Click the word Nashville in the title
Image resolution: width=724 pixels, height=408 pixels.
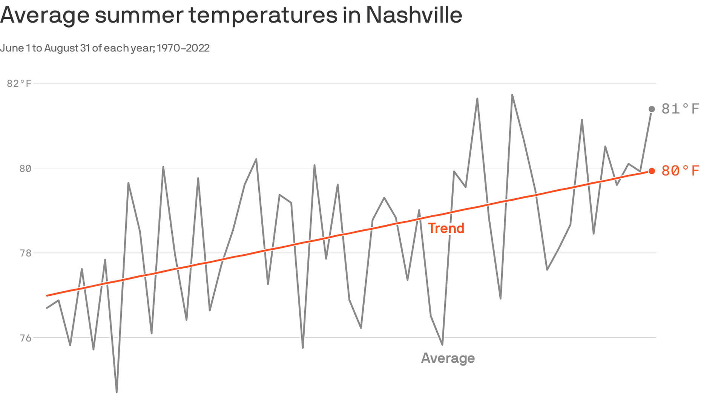click(414, 15)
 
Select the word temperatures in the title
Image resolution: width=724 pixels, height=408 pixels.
click(263, 15)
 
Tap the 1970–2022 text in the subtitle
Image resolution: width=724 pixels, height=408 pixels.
click(183, 48)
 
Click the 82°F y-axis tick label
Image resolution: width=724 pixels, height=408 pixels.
click(19, 83)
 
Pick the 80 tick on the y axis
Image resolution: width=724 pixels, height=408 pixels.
click(25, 168)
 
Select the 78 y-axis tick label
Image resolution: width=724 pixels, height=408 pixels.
click(25, 253)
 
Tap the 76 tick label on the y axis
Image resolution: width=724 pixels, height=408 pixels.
click(25, 338)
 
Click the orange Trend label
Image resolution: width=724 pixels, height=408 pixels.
click(446, 228)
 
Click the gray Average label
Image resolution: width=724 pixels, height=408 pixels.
click(448, 358)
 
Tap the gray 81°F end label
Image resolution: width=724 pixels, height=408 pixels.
click(680, 109)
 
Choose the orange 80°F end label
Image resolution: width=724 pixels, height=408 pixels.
click(680, 171)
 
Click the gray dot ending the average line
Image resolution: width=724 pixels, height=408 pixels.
click(652, 109)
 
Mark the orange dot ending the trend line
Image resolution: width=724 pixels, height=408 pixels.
click(652, 171)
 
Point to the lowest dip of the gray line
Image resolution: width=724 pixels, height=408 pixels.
click(117, 392)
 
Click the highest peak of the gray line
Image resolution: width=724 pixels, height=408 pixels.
click(512, 95)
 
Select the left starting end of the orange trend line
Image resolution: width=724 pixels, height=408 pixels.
click(47, 295)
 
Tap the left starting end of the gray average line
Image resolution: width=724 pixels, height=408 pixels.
click(47, 308)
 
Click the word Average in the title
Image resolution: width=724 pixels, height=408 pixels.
click(44, 15)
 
